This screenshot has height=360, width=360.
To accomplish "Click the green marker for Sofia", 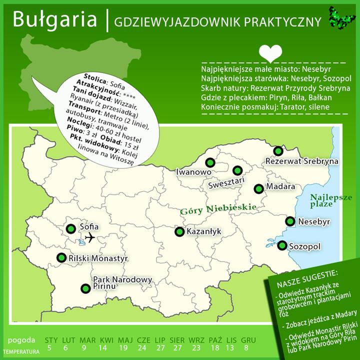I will [x=71, y=228].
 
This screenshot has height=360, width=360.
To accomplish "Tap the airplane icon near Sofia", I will [x=89, y=238].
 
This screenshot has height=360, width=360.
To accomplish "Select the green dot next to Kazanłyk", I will [x=179, y=231].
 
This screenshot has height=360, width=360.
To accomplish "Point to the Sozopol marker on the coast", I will [x=282, y=245].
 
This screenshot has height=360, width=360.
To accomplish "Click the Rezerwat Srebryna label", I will [x=302, y=161].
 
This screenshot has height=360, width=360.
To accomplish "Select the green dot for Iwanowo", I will [x=209, y=162].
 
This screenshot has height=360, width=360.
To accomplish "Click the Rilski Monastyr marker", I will [x=61, y=257].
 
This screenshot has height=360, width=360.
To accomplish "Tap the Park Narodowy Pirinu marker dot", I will [x=85, y=288].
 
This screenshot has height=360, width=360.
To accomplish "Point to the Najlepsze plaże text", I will [x=330, y=200].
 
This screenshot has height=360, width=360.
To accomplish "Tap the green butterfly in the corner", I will [x=338, y=17].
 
